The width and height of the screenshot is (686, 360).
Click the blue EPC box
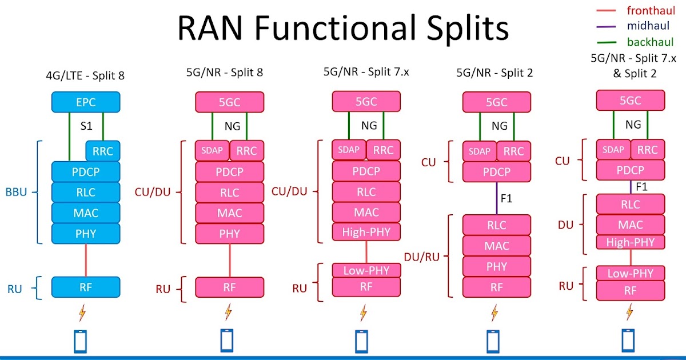coord(86,102)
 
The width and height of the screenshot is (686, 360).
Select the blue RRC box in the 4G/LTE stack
coord(102,151)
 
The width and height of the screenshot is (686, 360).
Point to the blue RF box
coord(86,287)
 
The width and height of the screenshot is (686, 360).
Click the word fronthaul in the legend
coord(651,10)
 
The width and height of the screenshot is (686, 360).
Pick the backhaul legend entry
coord(650,42)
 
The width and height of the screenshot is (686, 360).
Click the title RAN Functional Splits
coord(342,27)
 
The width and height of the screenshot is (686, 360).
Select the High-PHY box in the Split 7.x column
coord(366,232)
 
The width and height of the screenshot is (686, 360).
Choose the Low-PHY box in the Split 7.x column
coord(366,270)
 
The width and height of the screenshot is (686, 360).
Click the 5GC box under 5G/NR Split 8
coord(230,102)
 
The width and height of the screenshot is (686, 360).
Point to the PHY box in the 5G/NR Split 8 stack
coord(230,233)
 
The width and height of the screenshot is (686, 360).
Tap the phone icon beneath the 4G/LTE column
coord(81,341)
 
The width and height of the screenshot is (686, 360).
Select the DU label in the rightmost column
coord(565,225)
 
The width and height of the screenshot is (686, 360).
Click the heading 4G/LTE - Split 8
coord(85,75)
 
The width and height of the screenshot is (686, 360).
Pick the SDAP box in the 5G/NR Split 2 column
coord(479,151)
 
